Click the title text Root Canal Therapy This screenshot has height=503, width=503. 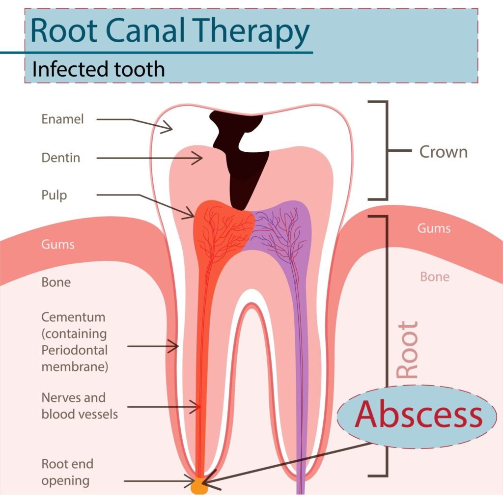click(169, 30)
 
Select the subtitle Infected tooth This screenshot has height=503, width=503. click(98, 69)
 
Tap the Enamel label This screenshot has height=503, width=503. click(63, 119)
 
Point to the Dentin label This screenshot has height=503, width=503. click(61, 158)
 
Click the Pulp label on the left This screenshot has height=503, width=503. click(54, 195)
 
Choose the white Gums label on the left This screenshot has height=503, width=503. click(58, 244)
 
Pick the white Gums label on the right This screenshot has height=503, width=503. click(434, 228)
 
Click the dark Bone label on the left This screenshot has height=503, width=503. click(56, 282)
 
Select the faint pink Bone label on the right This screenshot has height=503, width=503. click(434, 277)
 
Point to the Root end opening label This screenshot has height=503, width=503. click(67, 472)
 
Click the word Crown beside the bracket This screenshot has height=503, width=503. click(443, 152)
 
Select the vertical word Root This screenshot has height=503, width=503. click(407, 349)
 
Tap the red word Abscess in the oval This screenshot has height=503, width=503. click(419, 416)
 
